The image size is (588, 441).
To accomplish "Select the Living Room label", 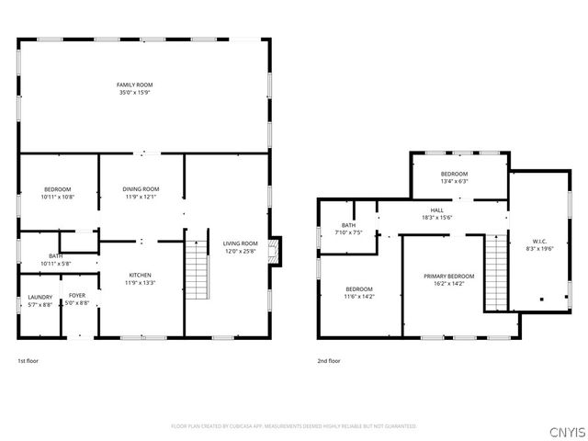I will [241, 243].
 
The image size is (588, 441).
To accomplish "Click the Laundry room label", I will [40, 297].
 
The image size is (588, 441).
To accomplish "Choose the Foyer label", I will [77, 296].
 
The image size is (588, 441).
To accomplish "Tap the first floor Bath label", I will [55, 256].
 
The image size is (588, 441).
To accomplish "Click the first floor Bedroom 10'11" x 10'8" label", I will [56, 189].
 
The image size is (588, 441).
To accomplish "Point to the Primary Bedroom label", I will [448, 277].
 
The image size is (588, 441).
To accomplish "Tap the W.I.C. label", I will [537, 243].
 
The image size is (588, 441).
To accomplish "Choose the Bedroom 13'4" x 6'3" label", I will [454, 175].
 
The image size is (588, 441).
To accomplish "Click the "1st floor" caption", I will [28, 361].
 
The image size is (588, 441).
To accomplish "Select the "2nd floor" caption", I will [329, 361].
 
